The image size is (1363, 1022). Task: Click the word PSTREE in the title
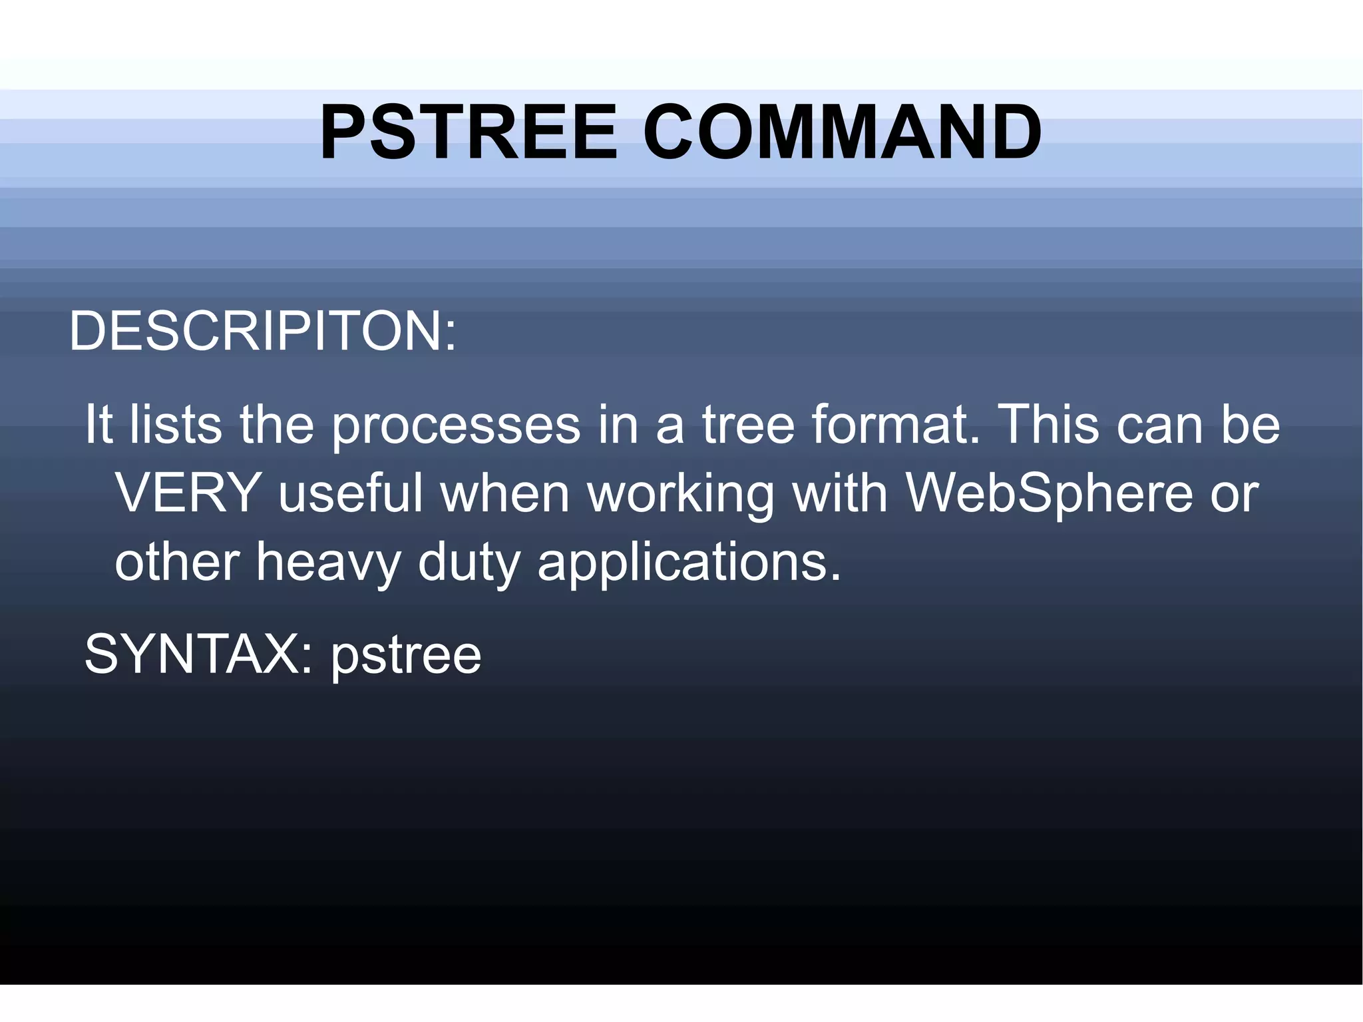[x=469, y=132]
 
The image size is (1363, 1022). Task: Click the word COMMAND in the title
[x=842, y=132]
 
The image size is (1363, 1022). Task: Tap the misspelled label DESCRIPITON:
[x=263, y=331]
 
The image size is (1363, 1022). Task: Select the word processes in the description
[x=456, y=426]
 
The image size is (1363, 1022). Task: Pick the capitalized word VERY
[x=188, y=493]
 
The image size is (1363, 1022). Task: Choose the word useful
[x=351, y=493]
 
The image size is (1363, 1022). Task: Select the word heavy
[x=328, y=563]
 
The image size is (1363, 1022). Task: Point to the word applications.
[x=689, y=563]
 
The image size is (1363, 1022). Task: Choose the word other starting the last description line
[x=177, y=562]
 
